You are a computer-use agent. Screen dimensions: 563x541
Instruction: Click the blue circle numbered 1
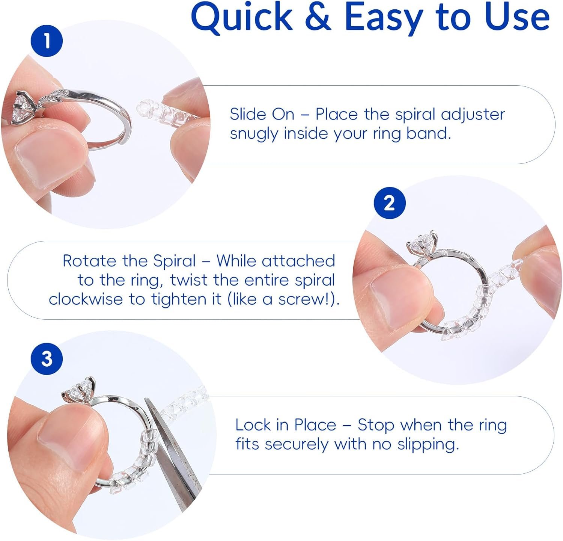click(47, 41)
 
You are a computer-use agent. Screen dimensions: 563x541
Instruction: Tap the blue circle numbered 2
click(390, 203)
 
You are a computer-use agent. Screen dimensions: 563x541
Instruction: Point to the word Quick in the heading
click(241, 17)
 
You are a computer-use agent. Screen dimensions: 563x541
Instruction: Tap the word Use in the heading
click(517, 17)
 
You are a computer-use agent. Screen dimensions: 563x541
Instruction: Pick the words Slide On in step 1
click(262, 114)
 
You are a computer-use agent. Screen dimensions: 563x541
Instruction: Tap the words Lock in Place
click(286, 425)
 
